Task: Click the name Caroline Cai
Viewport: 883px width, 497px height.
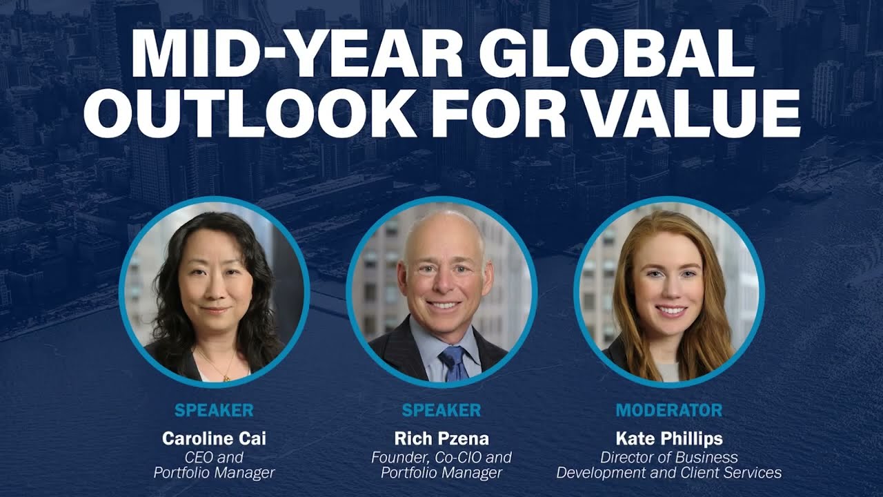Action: click(x=214, y=438)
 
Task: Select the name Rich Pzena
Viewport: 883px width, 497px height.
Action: click(x=441, y=438)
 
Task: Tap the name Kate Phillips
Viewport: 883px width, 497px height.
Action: click(x=669, y=438)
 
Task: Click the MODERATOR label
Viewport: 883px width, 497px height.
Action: click(x=669, y=410)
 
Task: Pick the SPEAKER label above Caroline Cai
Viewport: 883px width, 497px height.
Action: click(x=214, y=410)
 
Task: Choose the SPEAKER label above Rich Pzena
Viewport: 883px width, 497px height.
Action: click(x=441, y=410)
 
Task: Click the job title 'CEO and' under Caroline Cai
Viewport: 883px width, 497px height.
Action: click(x=214, y=458)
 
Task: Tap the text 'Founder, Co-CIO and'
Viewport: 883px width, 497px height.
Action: click(x=441, y=458)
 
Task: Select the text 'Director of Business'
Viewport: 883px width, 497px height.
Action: click(x=669, y=458)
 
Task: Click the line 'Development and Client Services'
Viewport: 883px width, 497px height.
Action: click(x=669, y=473)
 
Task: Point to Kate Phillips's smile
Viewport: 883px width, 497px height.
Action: click(x=671, y=311)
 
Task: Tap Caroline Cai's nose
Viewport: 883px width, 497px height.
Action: click(x=213, y=289)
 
